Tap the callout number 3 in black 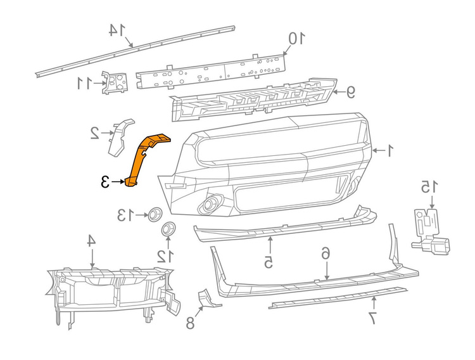(x=104, y=182)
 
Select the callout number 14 (x=117, y=30)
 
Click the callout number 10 (x=296, y=39)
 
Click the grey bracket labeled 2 (x=120, y=138)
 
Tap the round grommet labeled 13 (x=155, y=214)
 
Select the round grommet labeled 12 (x=168, y=229)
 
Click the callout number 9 (x=350, y=92)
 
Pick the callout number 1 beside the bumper (x=389, y=151)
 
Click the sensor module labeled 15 (x=430, y=231)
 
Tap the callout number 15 (x=429, y=187)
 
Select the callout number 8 (x=190, y=323)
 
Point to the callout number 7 (x=372, y=318)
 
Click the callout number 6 (x=326, y=253)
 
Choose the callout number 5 (x=269, y=262)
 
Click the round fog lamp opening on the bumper (x=209, y=205)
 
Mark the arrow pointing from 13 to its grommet (x=141, y=215)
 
